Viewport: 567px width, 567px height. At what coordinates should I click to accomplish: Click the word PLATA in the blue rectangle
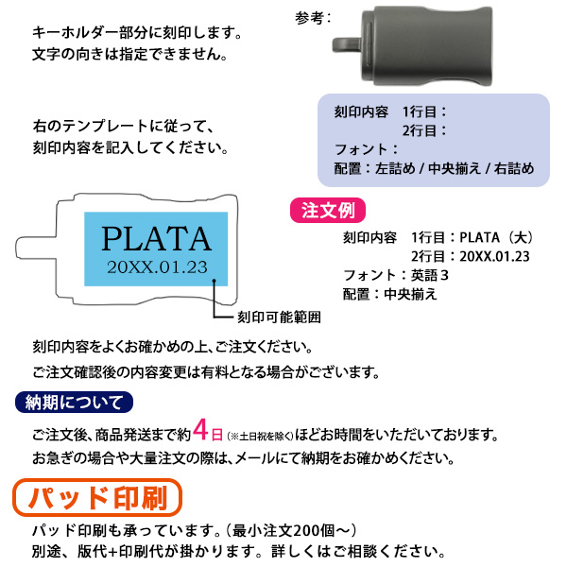156,237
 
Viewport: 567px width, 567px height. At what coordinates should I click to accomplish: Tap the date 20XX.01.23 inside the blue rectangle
156,266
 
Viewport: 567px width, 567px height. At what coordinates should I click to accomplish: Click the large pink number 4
200,432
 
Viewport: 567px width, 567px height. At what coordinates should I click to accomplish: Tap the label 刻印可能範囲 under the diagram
279,317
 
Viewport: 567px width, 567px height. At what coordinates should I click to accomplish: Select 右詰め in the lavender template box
513,168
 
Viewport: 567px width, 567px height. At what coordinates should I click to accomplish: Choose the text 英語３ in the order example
430,274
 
